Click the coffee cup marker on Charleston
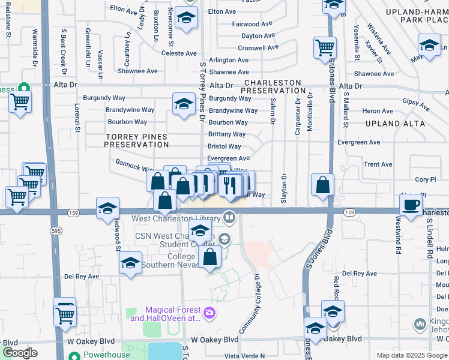[x=411, y=205]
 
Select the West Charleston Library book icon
[x=229, y=217]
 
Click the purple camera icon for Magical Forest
[x=209, y=312]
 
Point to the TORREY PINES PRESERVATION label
[x=137, y=140]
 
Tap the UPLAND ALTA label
[x=395, y=124]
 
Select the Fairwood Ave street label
[x=253, y=24]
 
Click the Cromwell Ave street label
[x=258, y=48]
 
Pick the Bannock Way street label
[x=128, y=167]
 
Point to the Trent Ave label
[x=378, y=164]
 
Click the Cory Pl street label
[x=425, y=179]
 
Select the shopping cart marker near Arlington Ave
[x=325, y=46]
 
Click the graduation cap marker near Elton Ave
[x=187, y=17]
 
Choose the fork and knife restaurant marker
[x=229, y=185]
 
